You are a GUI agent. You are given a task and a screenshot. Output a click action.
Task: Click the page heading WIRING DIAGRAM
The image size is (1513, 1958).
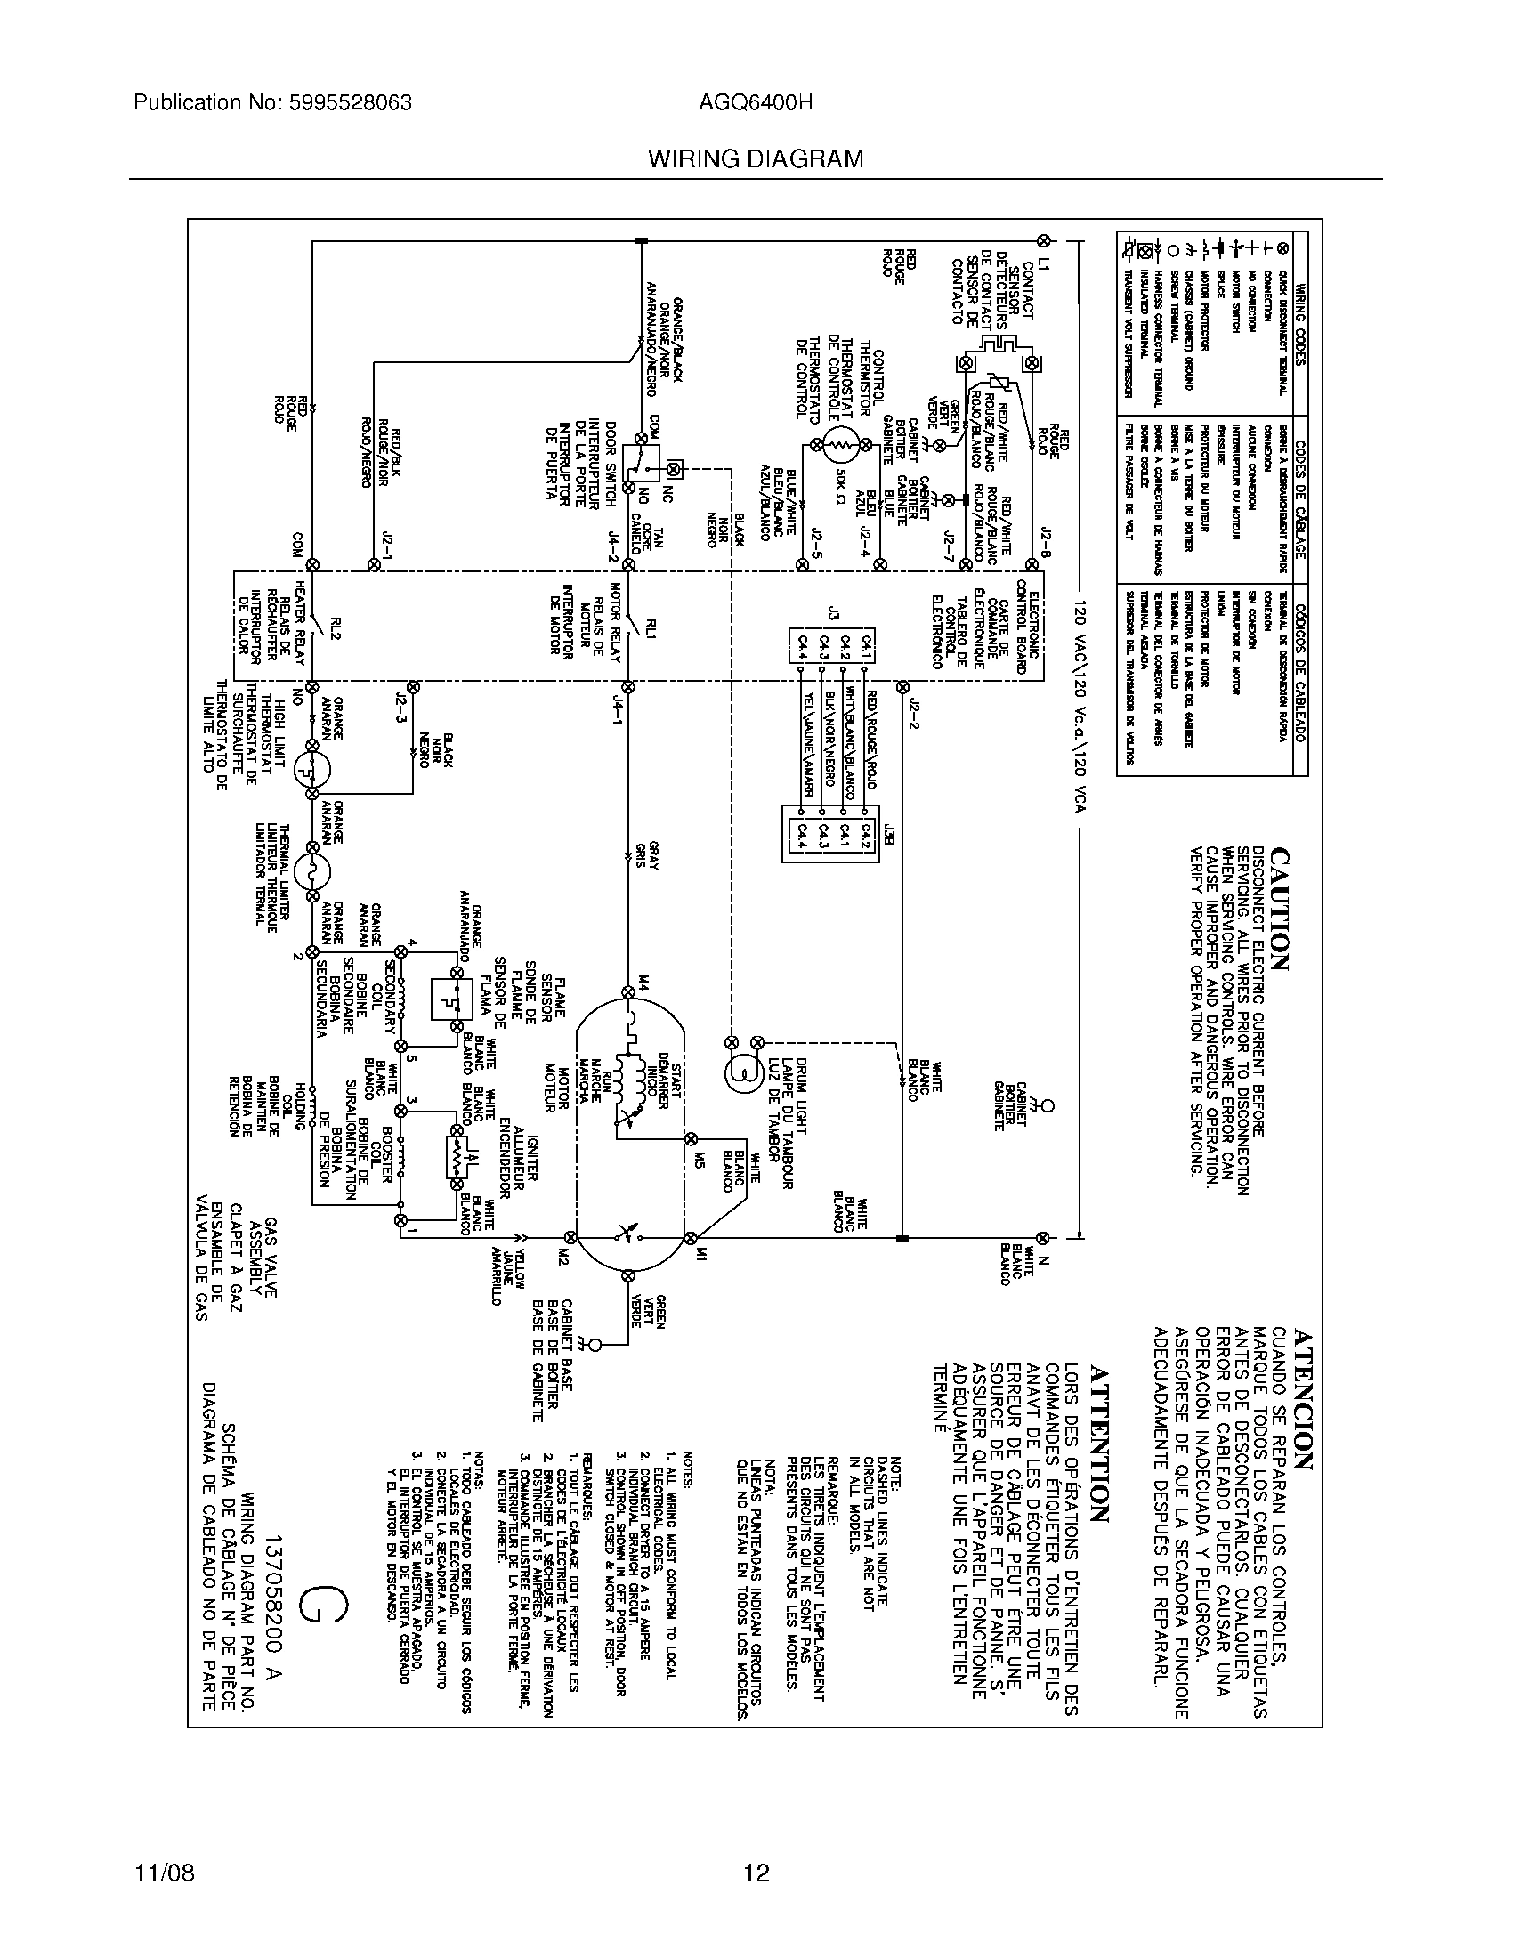[756, 159]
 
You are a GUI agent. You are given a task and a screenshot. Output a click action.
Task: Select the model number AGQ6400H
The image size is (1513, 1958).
[756, 103]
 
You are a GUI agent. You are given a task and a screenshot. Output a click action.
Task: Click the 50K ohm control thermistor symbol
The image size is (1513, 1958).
[841, 444]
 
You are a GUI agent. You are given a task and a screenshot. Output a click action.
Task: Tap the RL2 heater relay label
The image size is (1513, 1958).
[336, 629]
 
